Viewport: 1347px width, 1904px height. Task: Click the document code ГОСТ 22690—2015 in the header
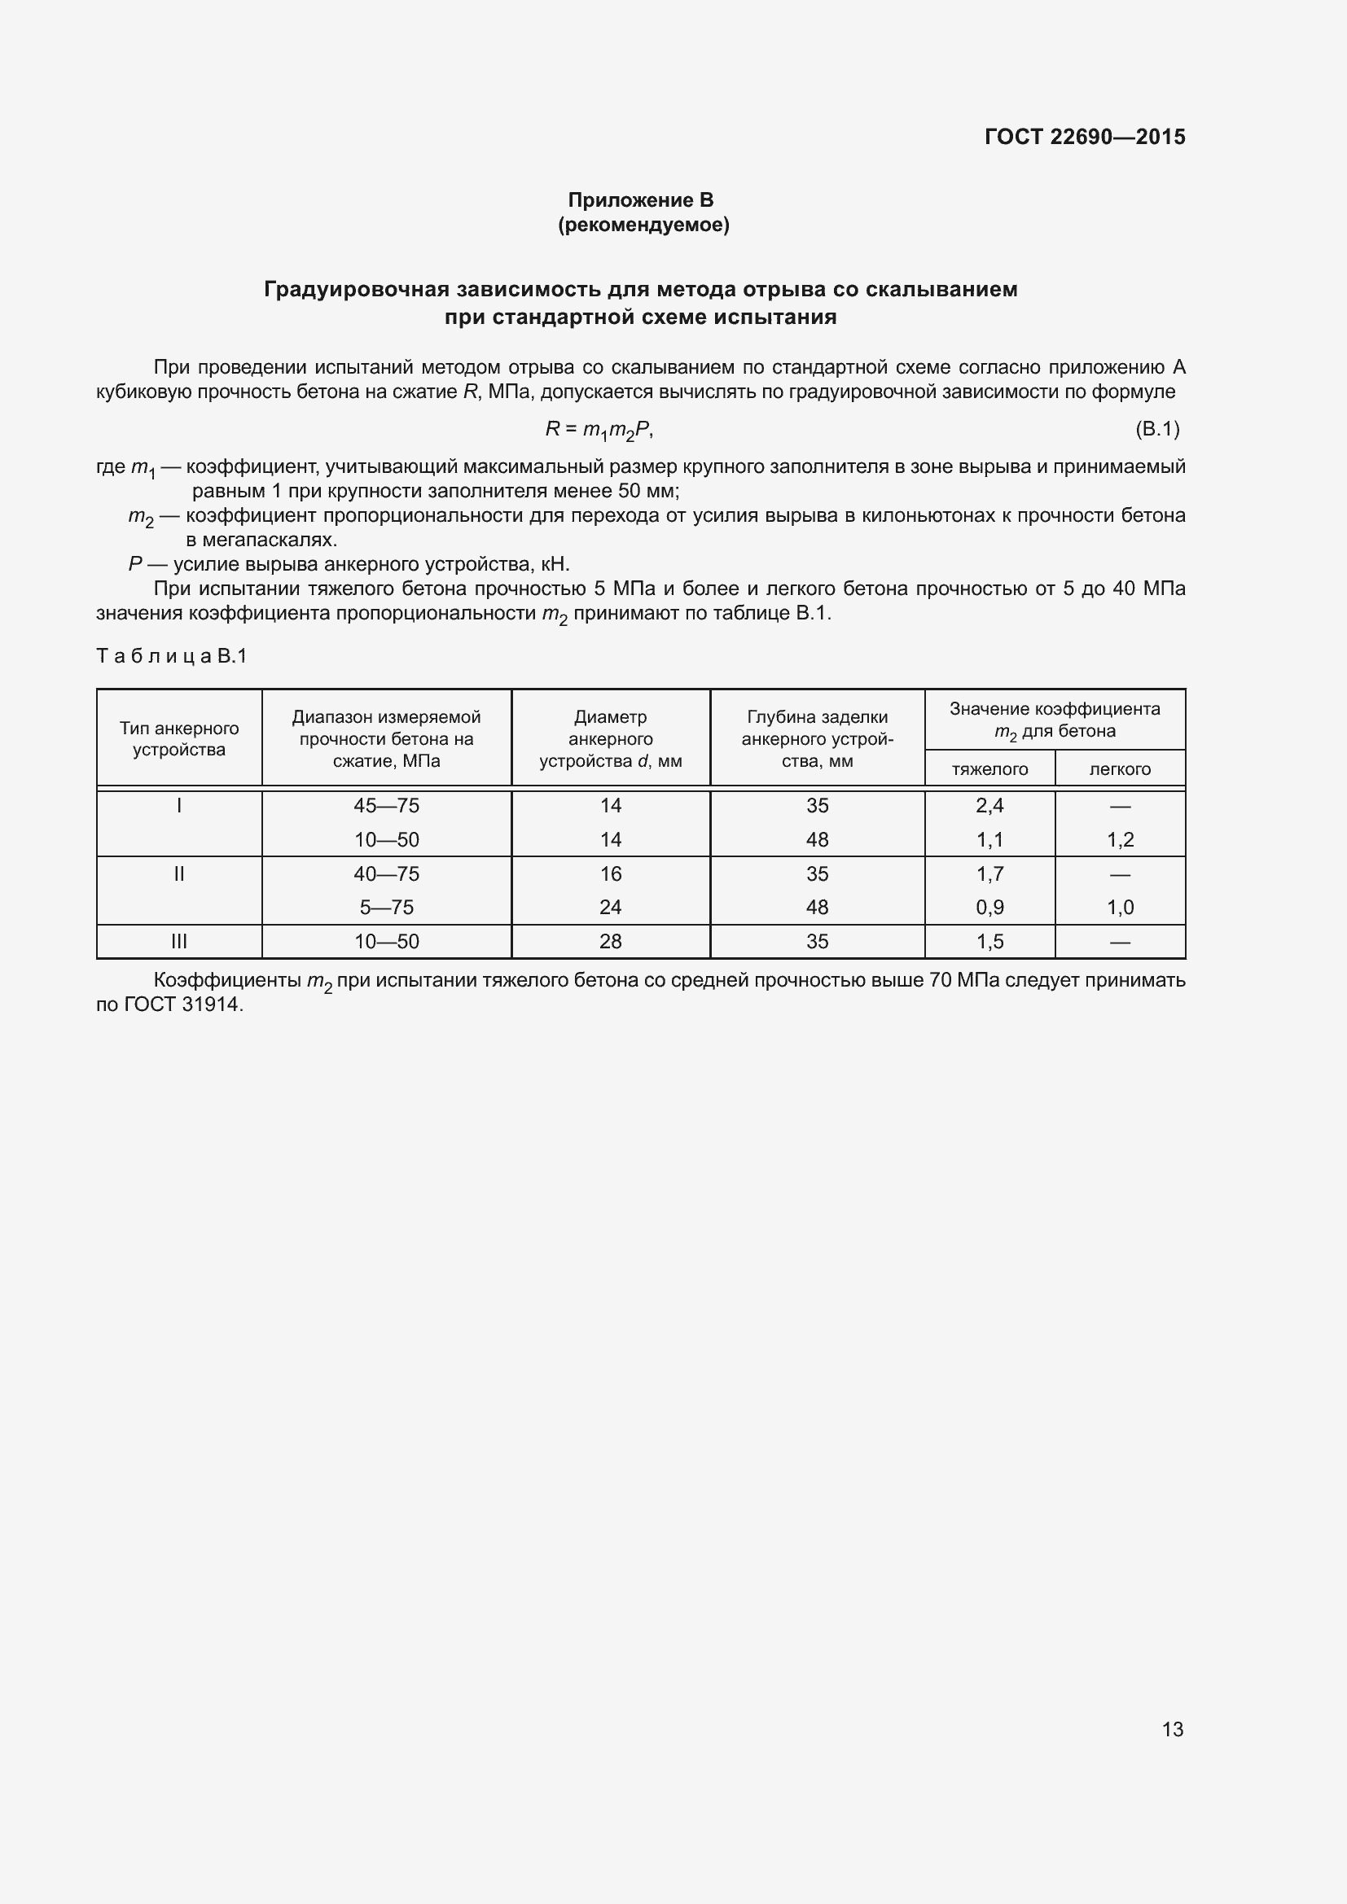1084,137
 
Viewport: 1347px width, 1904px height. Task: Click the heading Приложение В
640,200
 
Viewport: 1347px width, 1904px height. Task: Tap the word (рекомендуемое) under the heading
643,225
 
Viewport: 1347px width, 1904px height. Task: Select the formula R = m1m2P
599,429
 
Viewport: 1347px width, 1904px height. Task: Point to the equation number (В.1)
1156,429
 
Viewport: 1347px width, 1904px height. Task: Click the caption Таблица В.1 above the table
172,656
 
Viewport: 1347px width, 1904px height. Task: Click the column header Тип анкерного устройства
178,739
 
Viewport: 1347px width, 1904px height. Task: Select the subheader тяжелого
989,768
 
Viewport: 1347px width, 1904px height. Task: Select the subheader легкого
1120,768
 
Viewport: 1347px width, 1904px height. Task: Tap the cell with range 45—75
387,805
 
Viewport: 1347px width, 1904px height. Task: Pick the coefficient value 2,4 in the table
989,805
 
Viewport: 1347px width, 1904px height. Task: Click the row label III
178,941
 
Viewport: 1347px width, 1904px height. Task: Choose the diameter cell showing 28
611,941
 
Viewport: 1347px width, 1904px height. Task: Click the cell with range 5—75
387,907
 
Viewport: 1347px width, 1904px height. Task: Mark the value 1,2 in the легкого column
1120,839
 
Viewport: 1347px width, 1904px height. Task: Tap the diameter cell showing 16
611,873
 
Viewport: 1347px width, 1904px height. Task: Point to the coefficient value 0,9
989,907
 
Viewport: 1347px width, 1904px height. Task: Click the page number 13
1172,1729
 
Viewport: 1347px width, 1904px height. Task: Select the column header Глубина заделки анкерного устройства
817,739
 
